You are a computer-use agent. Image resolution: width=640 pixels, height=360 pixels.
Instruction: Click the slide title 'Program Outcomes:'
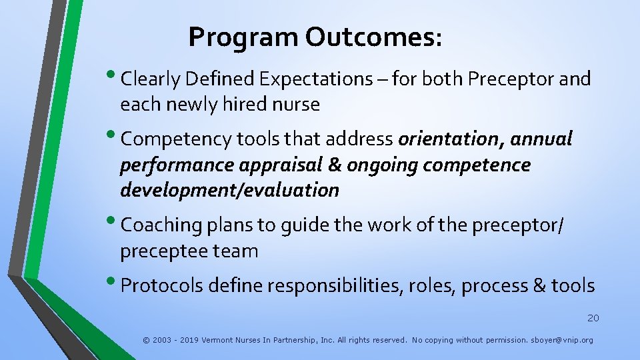click(x=315, y=37)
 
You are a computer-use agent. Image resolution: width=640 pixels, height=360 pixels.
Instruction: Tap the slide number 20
click(x=593, y=318)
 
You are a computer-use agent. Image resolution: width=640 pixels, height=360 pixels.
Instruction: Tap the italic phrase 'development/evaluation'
click(x=229, y=191)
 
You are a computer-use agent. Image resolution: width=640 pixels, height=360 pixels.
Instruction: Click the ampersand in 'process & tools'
click(x=539, y=286)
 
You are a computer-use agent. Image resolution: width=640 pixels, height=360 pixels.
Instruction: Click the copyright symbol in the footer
click(x=146, y=340)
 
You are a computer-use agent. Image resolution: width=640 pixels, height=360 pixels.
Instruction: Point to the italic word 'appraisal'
click(x=275, y=165)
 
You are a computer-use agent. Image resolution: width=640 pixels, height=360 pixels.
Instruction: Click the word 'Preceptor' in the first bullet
click(x=511, y=79)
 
